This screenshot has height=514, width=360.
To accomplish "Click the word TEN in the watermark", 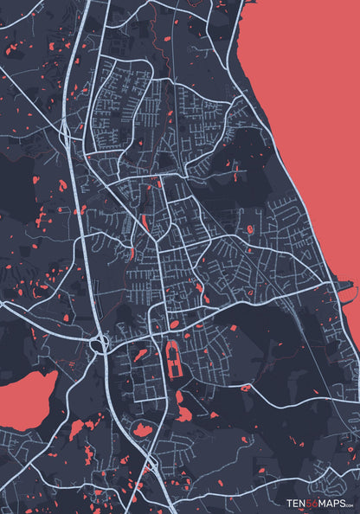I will [297, 502].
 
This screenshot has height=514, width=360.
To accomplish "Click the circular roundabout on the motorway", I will [100, 343].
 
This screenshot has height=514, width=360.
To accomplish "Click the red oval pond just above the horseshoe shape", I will [175, 325].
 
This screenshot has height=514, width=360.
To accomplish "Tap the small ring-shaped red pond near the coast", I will [250, 229].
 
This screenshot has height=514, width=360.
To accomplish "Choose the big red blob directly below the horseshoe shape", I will [183, 407].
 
